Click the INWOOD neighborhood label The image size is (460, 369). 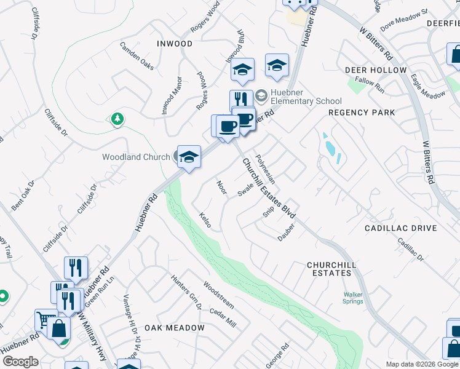tap(175, 44)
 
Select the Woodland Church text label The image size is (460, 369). tap(135, 157)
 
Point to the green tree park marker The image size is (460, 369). tap(117, 118)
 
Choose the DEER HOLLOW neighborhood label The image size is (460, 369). tap(376, 70)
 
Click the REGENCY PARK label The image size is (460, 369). tap(362, 113)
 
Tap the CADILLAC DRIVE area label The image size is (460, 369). tap(400, 228)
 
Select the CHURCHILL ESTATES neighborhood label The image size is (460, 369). tap(331, 268)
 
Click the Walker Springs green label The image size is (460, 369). tap(353, 298)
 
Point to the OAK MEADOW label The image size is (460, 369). tap(175, 328)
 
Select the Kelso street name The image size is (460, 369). tap(205, 220)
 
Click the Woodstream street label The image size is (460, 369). tap(218, 295)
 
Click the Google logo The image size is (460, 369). tap(20, 361)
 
